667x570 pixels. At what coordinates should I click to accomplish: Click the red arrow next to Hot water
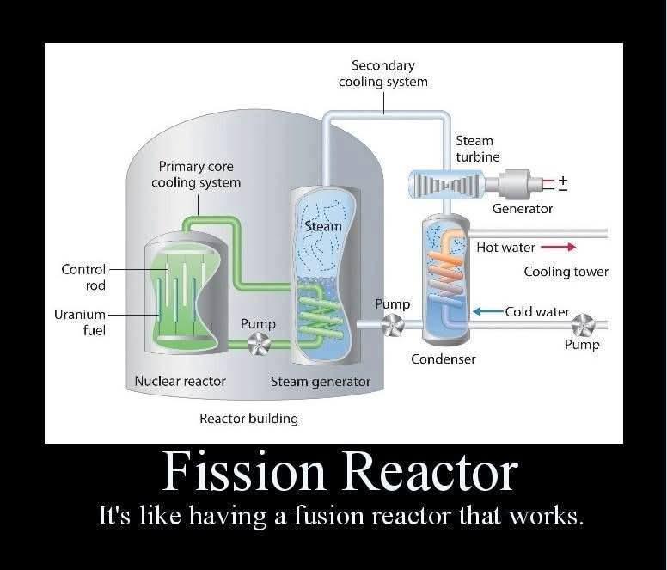pos(558,248)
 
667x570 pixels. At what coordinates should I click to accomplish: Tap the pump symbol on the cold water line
pos(584,324)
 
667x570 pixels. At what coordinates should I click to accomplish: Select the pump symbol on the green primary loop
pos(257,345)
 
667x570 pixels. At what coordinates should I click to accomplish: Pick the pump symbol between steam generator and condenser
pos(392,325)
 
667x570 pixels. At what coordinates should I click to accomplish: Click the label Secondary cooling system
pos(382,73)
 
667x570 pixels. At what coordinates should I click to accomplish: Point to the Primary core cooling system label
pos(196,174)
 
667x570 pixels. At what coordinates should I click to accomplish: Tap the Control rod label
pos(83,277)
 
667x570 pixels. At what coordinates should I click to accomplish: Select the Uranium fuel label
pos(80,322)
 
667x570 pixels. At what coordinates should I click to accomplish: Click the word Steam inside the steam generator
pos(322,226)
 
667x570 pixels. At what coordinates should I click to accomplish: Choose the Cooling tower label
pos(566,272)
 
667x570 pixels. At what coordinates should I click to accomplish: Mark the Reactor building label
pos(248,419)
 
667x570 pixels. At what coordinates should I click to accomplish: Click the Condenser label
pos(443,359)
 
